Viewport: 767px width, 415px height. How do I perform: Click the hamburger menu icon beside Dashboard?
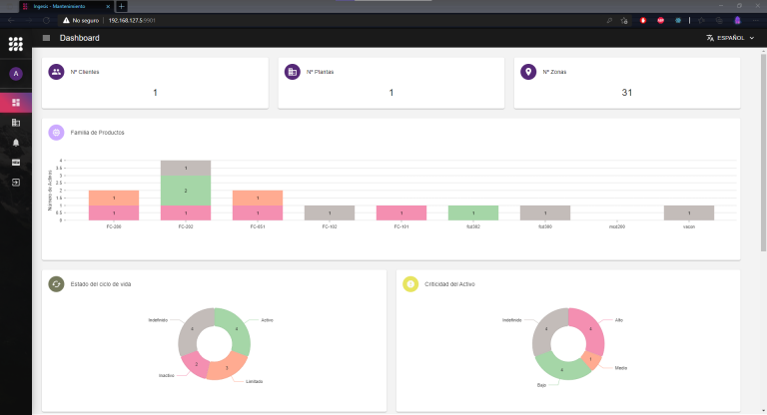pos(46,38)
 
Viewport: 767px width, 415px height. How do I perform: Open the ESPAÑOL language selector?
pos(730,38)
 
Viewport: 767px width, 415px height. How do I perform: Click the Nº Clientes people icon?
pos(57,72)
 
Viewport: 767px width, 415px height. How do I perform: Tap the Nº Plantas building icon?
pos(293,72)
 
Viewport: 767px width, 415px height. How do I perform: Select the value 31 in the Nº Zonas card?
pos(627,93)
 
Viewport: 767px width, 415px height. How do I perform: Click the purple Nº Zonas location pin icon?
pos(528,72)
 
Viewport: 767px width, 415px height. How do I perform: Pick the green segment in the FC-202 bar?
pos(186,190)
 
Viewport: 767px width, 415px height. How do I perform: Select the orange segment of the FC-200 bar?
pos(114,198)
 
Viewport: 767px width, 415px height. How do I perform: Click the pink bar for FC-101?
pos(401,212)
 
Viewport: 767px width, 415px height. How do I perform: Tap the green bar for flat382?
pos(473,212)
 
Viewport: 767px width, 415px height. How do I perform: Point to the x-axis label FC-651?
pos(258,226)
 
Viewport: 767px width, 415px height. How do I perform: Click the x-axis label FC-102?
pos(330,226)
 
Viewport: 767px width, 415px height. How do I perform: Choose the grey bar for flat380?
pos(545,212)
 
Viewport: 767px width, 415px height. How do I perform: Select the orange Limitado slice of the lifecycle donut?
pos(227,366)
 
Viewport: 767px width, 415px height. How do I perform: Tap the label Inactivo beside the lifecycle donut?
pos(167,375)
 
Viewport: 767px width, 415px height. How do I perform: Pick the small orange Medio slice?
pos(591,359)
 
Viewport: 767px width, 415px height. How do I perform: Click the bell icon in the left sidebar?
pos(15,143)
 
